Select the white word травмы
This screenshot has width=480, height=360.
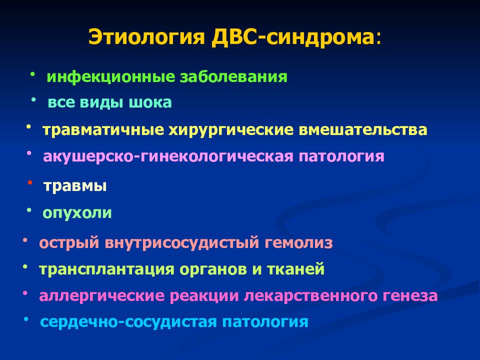(x=75, y=186)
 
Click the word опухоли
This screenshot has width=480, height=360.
(x=77, y=213)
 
